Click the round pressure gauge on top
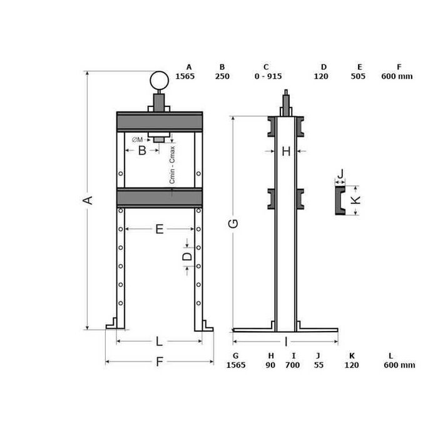159,81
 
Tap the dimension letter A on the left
88,200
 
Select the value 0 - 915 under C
268,76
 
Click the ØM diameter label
138,140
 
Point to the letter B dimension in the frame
142,151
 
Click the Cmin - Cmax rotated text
172,165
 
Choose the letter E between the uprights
159,229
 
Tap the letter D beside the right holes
188,257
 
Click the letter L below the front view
159,341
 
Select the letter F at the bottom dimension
159,362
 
